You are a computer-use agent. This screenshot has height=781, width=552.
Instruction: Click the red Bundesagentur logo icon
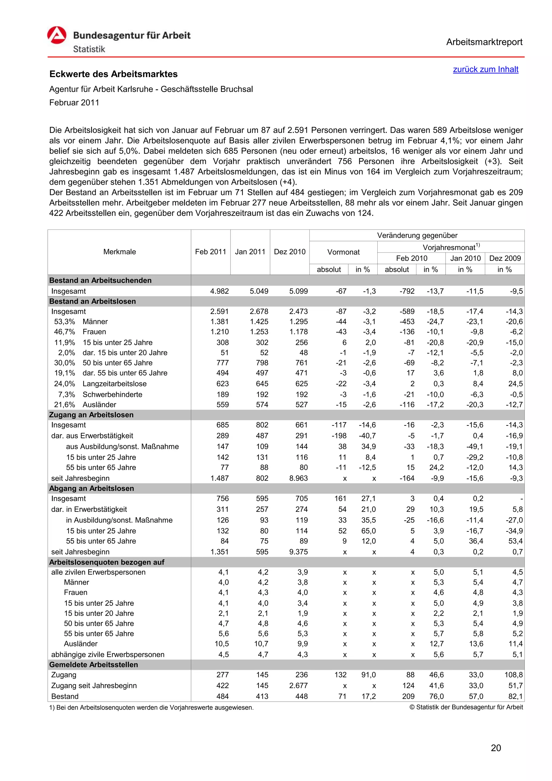(x=57, y=35)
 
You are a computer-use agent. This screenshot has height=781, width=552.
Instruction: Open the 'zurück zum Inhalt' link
(x=485, y=69)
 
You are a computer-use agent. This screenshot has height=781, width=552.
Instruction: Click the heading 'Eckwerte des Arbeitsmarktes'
(x=113, y=74)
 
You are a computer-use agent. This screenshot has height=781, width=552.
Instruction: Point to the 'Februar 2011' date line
(x=74, y=103)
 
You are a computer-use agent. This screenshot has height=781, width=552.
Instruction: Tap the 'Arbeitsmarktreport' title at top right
(x=484, y=42)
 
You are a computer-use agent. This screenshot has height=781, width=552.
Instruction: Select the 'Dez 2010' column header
(x=289, y=252)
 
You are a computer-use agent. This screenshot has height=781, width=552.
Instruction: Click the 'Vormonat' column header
(x=343, y=252)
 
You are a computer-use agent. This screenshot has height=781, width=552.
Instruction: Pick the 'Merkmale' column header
(x=119, y=252)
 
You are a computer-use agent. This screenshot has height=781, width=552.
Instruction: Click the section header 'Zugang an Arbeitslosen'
(x=91, y=415)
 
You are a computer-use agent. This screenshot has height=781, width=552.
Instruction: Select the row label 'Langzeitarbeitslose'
(x=115, y=384)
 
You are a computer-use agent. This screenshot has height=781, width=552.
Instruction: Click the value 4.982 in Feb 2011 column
(x=219, y=291)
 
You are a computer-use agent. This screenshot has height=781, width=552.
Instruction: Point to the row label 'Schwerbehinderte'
(x=112, y=395)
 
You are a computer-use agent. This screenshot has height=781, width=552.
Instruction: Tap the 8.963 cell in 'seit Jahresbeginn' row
(x=298, y=478)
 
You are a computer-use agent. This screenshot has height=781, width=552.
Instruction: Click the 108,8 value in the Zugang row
(x=513, y=675)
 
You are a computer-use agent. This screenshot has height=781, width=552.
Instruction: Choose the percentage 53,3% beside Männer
(x=65, y=322)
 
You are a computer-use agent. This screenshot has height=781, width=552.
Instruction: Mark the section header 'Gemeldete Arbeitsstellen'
(x=94, y=665)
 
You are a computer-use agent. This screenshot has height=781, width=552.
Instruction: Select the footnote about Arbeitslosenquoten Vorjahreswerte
(x=151, y=708)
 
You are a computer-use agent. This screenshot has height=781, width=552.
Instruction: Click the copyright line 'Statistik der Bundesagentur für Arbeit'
(x=466, y=707)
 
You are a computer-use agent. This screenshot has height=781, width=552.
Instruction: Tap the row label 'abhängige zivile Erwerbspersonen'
(x=108, y=655)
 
